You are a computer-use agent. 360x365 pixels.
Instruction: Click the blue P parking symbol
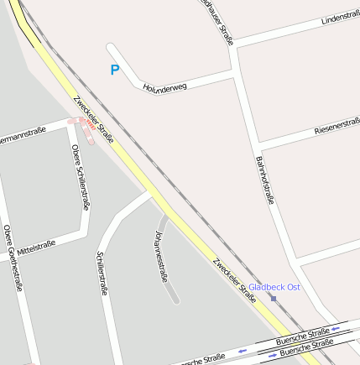click(x=115, y=70)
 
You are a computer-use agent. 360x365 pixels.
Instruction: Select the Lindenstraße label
click(x=341, y=18)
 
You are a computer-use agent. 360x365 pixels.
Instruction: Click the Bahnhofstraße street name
click(x=264, y=180)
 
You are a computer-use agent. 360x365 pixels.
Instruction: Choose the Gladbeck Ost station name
click(x=274, y=287)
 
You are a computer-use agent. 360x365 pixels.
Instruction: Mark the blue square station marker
click(x=273, y=298)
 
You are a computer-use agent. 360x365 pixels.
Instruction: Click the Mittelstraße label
click(x=35, y=247)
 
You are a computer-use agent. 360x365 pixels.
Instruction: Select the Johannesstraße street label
click(x=163, y=254)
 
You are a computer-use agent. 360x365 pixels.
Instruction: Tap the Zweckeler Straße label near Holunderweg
click(x=93, y=118)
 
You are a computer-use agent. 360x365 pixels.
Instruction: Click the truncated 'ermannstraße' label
click(x=22, y=133)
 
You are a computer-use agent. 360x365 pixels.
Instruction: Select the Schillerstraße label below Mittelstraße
click(x=102, y=273)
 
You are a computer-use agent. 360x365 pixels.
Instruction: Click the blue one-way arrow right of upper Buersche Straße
click(x=336, y=328)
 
